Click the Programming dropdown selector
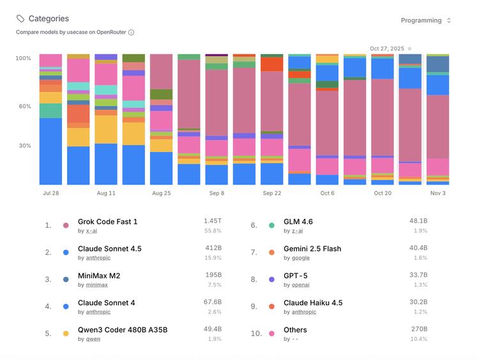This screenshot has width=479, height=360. [425, 20]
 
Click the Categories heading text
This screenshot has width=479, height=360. [49, 19]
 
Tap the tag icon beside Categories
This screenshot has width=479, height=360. [20, 19]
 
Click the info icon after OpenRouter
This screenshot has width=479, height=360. [132, 32]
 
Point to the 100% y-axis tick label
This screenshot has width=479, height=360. [23, 58]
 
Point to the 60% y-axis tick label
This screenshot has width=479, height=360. [23, 106]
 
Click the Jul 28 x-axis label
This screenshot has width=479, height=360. [51, 193]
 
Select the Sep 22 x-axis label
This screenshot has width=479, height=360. [272, 193]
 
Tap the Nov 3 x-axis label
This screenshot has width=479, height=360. [437, 193]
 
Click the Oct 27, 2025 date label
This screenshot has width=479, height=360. [386, 49]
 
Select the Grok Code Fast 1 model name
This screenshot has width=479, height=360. [107, 221]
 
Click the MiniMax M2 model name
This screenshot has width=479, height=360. [99, 276]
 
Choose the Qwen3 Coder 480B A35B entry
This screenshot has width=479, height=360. [123, 330]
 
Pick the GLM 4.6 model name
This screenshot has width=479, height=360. [298, 221]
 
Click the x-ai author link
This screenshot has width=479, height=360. [91, 231]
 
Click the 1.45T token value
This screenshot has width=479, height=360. [213, 221]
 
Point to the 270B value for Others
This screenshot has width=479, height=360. [418, 329]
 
